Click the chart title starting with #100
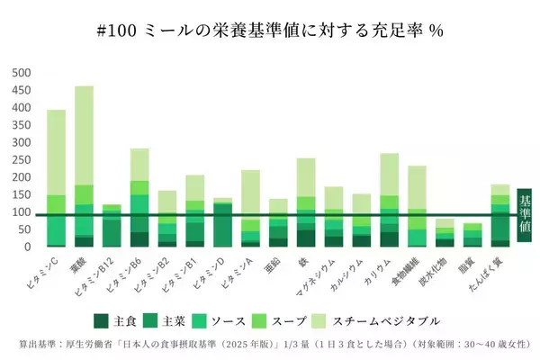pyautogui.click(x=270, y=30)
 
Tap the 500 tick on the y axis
pyautogui.click(x=19, y=73)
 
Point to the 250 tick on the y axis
pyautogui.click(x=19, y=159)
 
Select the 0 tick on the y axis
pyautogui.click(x=27, y=247)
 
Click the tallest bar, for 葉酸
pyautogui.click(x=84, y=166)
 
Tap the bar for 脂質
pyautogui.click(x=472, y=235)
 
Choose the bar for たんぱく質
pyautogui.click(x=500, y=215)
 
